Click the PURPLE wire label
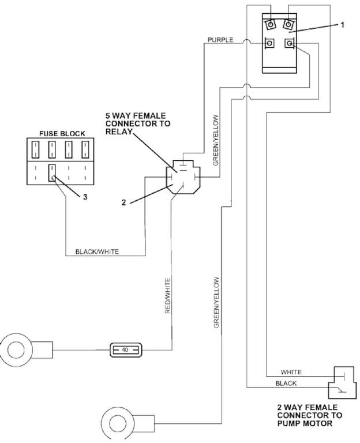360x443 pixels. click(220, 40)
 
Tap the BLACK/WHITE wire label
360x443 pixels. click(97, 251)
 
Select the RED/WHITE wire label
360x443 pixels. click(168, 296)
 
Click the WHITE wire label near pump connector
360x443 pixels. click(291, 372)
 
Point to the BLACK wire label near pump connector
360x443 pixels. click(286, 384)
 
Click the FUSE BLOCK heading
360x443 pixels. click(62, 133)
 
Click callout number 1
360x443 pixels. click(343, 25)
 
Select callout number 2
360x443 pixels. click(123, 202)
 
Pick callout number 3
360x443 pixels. click(85, 197)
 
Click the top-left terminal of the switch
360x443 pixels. click(271, 25)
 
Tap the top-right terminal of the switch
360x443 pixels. click(288, 25)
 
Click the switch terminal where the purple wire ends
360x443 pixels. click(270, 43)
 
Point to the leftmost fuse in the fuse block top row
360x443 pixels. click(35, 149)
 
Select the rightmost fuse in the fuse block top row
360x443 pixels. click(85, 149)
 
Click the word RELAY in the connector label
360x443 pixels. click(119, 132)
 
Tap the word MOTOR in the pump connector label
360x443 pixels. click(318, 423)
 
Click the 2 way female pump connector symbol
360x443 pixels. click(341, 382)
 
